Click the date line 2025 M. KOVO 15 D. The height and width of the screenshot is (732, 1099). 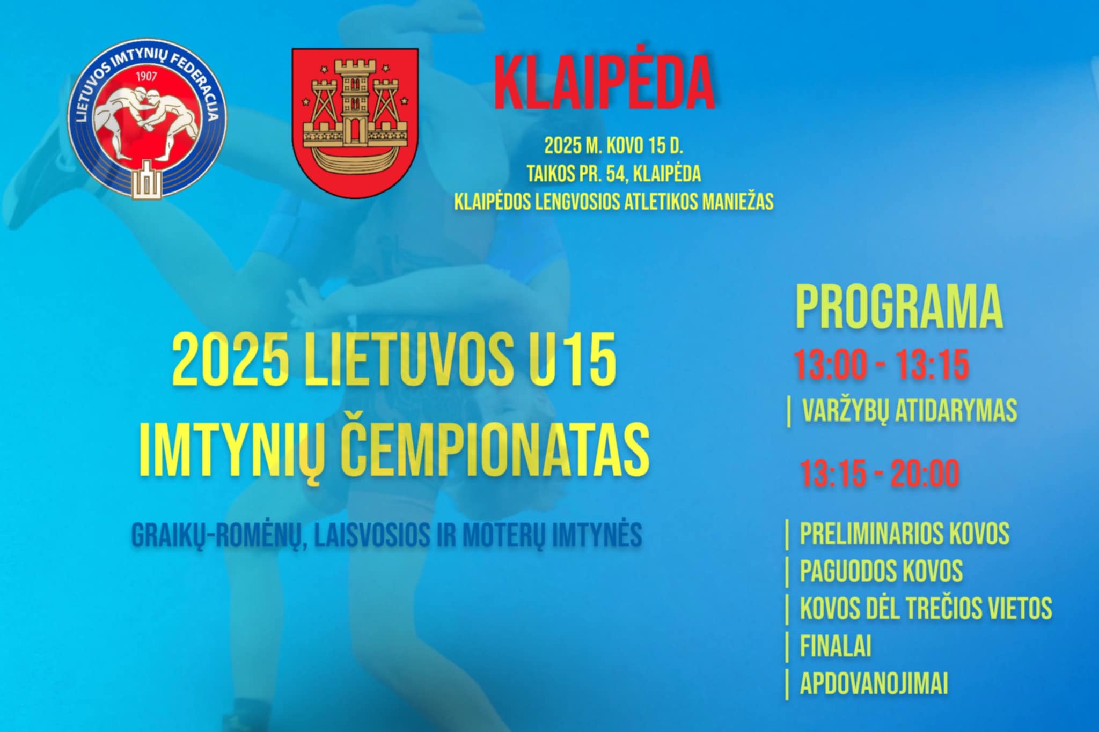(x=614, y=146)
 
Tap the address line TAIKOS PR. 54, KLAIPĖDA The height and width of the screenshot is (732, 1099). (x=614, y=174)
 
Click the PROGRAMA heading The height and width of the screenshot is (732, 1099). (x=899, y=307)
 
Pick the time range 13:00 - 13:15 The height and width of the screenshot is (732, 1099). (x=882, y=365)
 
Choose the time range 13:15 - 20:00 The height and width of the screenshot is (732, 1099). (x=880, y=474)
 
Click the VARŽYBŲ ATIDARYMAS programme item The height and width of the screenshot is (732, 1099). (x=909, y=410)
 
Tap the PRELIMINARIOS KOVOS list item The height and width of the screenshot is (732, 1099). (x=904, y=533)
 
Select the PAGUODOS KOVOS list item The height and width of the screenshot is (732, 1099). (x=881, y=571)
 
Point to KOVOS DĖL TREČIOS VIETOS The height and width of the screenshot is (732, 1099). (x=926, y=608)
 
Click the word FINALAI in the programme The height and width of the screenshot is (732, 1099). (x=836, y=646)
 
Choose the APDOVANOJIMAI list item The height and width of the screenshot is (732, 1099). (x=874, y=683)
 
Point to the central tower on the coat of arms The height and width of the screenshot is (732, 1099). (x=355, y=99)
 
